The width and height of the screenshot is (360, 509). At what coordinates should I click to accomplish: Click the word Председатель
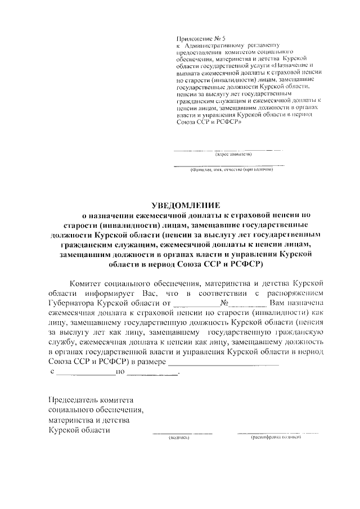pos(73,400)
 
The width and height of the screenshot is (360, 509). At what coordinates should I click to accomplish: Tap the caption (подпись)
pos(179,438)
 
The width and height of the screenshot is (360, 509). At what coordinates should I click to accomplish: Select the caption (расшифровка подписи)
pos(276,438)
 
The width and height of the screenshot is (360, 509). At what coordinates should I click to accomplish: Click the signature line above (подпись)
pos(182,433)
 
